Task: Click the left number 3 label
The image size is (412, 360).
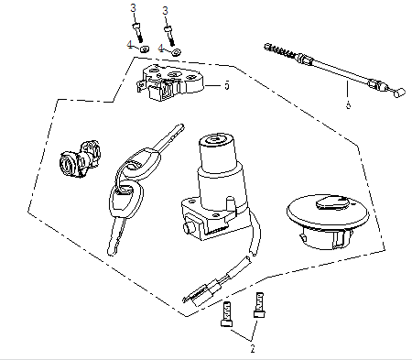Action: (x=134, y=8)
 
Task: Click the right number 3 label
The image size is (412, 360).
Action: (x=166, y=8)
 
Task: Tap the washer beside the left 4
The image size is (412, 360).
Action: (x=145, y=48)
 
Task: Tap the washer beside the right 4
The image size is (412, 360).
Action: (x=176, y=48)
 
